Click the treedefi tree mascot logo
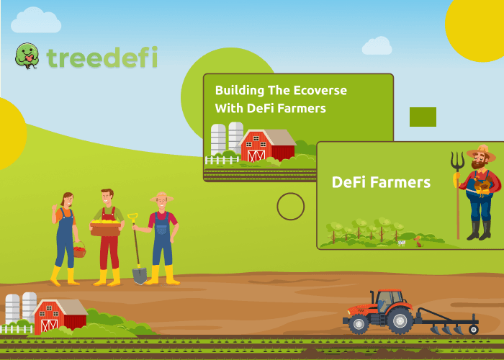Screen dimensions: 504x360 (x=27, y=56)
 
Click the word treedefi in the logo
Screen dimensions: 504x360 (x=102, y=57)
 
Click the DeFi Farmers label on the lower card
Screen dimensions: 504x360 (x=381, y=182)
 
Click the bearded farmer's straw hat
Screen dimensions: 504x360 (x=481, y=153)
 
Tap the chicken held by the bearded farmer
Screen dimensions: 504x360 (x=482, y=186)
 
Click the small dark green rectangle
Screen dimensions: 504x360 (x=423, y=117)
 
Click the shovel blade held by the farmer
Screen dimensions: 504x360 (x=140, y=276)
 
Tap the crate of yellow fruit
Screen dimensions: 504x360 (x=106, y=228)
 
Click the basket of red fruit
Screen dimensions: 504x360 (x=79, y=250)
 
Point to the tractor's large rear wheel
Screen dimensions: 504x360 (x=400, y=321)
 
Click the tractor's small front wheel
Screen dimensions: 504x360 (x=359, y=324)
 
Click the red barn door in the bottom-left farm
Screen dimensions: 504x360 (x=49, y=325)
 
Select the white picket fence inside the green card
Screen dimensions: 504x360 (x=222, y=160)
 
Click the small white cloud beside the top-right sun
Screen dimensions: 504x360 (x=377, y=45)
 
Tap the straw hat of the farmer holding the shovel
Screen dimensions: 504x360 (x=162, y=197)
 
